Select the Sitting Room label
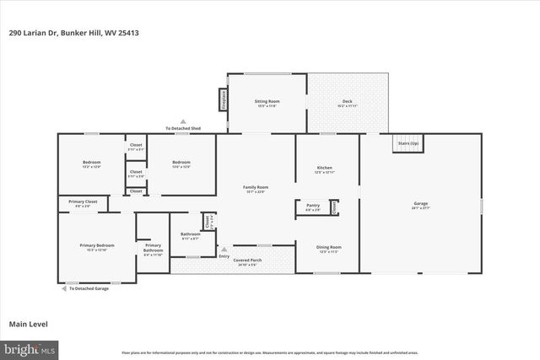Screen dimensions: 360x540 click(267, 103)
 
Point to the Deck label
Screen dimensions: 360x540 click(347, 103)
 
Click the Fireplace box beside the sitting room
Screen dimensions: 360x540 click(224, 99)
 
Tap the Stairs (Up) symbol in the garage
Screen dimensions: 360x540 click(408, 144)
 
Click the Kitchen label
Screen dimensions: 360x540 click(325, 169)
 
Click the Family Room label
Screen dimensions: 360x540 click(255, 189)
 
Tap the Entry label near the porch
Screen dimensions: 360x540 click(224, 256)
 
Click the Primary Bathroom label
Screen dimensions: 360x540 click(153, 247)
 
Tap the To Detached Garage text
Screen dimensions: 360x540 click(88, 288)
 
